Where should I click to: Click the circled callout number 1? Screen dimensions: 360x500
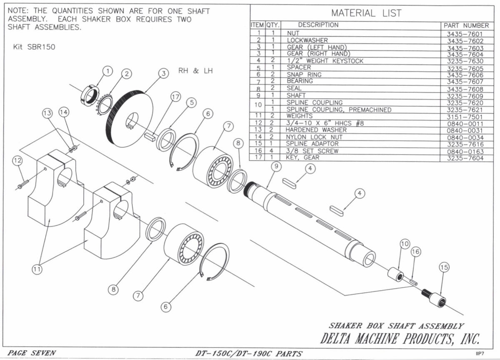click(x=108, y=71)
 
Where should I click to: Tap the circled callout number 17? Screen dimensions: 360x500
click(x=176, y=97)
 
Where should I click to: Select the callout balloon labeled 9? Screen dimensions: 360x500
click(x=275, y=166)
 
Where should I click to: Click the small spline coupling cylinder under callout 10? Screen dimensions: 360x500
click(x=395, y=275)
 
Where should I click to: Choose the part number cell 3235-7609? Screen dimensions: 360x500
click(x=465, y=95)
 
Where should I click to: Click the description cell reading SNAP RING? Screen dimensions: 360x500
click(x=304, y=75)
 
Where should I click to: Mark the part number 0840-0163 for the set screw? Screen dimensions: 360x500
click(x=465, y=152)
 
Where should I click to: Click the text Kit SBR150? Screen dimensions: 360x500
click(x=34, y=47)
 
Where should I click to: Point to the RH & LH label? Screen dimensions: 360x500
click(x=195, y=70)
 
